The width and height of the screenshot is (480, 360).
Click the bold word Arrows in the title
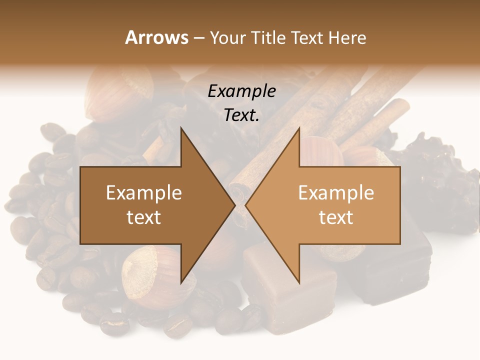(x=156, y=37)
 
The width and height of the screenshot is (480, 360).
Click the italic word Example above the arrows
(x=242, y=91)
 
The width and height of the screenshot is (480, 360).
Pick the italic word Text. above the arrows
(x=242, y=115)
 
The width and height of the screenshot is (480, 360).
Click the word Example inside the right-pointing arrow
(x=144, y=193)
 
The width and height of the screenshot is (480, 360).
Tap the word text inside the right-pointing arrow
(x=144, y=217)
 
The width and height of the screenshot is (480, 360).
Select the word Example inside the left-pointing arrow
(x=336, y=193)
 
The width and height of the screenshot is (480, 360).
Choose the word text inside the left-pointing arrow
(x=336, y=217)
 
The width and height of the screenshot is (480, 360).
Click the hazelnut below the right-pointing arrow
(x=150, y=272)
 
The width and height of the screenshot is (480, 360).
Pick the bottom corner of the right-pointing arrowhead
(x=181, y=282)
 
